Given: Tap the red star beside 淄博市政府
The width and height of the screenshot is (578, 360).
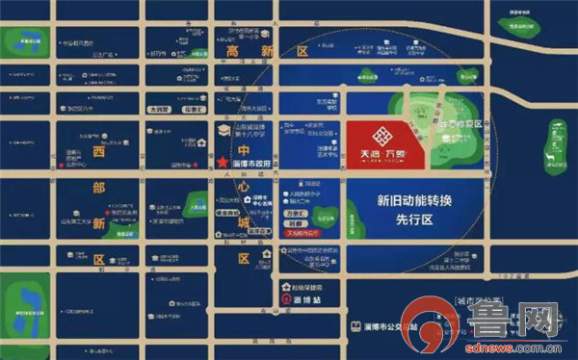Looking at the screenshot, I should click(223, 163).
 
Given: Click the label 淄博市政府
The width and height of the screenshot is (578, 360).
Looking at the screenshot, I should click(252, 163).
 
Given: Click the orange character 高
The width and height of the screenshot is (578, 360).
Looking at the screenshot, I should click(230, 51).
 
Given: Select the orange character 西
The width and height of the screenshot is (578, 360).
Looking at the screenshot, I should click(97, 152).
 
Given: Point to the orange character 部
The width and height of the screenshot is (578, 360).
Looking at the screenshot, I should click(97, 189).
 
